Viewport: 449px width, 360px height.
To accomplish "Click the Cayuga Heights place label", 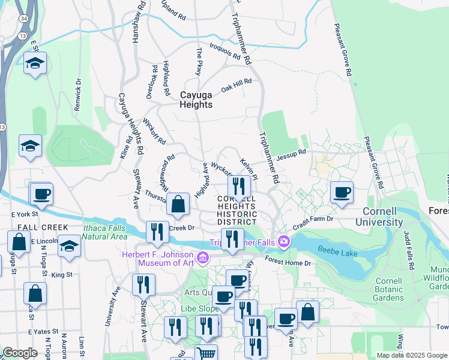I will click(x=196, y=100).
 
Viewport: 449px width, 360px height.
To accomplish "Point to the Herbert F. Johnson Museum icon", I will click(x=203, y=259).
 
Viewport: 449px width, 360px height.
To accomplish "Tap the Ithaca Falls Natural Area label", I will click(x=96, y=232).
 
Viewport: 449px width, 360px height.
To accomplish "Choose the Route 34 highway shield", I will click(x=23, y=19).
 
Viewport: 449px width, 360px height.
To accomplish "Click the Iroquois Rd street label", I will click(x=225, y=52).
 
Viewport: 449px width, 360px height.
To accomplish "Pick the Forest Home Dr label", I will click(x=289, y=262).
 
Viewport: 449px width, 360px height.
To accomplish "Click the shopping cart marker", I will click(x=206, y=353).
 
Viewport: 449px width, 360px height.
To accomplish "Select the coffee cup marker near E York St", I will click(x=41, y=194).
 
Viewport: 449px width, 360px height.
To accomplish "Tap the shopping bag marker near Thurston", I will click(x=178, y=205).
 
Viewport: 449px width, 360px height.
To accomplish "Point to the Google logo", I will click(x=20, y=353).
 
